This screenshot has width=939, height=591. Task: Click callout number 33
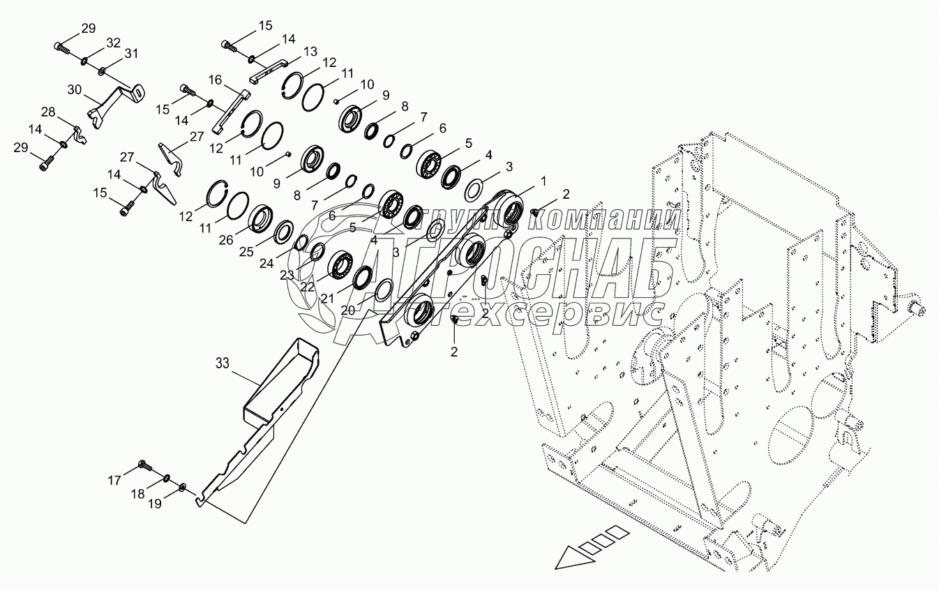[x=222, y=363]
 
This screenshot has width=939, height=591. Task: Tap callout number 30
[x=75, y=90]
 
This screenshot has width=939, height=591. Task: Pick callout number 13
[x=310, y=52]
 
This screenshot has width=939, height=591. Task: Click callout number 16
[x=214, y=80]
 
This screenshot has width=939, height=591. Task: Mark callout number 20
[x=347, y=310]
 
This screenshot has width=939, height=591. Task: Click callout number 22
[x=307, y=286]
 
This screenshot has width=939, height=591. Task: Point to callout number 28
[x=48, y=112]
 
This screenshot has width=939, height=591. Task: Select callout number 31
[x=132, y=54]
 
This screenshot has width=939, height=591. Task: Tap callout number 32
[x=114, y=43]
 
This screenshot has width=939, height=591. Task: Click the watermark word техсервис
[x=565, y=314]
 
